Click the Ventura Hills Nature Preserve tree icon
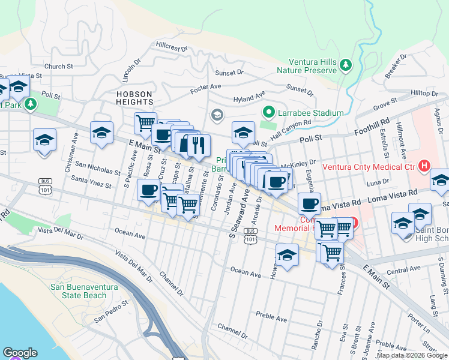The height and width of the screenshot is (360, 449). click(x=346, y=65)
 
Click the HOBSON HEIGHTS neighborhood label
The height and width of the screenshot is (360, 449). click(x=135, y=98)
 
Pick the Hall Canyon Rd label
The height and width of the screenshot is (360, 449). click(x=291, y=125)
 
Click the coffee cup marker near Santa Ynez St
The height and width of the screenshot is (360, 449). click(x=148, y=191)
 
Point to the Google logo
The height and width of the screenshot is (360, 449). click(x=20, y=353)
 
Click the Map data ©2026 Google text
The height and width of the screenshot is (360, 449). click(x=412, y=356)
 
